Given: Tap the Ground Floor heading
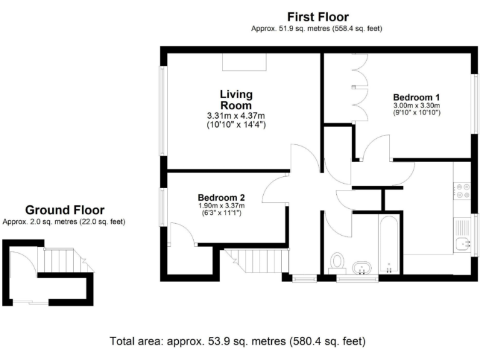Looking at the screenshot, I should [x=64, y=210].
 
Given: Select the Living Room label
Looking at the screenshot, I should [x=236, y=100].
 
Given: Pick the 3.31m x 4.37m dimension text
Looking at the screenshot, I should [x=236, y=116].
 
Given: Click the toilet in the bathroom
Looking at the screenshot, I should [x=338, y=261].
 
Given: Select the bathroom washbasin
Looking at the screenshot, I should [x=361, y=268].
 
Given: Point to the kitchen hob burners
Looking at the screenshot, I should [x=462, y=190].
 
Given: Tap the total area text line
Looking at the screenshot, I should [x=237, y=341].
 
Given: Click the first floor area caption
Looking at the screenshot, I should [x=316, y=29].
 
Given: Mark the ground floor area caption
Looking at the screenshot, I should [x=64, y=221].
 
